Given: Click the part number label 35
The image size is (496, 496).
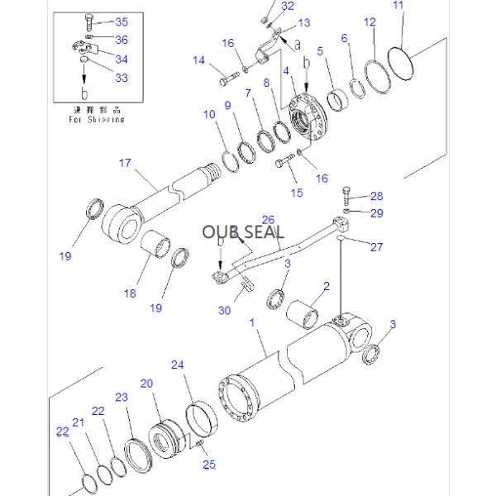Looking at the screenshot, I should click(x=122, y=22).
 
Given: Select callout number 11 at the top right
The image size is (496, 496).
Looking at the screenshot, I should click(x=399, y=7).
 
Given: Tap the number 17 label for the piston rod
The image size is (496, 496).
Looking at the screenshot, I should click(x=125, y=165).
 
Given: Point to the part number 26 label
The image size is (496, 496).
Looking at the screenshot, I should click(x=267, y=219).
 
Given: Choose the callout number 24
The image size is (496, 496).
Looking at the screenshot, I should click(x=178, y=365).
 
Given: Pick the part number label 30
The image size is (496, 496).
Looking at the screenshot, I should click(x=225, y=310).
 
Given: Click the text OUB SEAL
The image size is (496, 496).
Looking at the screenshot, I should click(x=243, y=231).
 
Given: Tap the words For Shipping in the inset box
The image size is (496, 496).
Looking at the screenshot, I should click(x=96, y=118).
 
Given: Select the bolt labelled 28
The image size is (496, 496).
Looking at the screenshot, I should click(x=347, y=199).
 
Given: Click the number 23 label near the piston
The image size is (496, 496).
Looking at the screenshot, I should click(x=122, y=398).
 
